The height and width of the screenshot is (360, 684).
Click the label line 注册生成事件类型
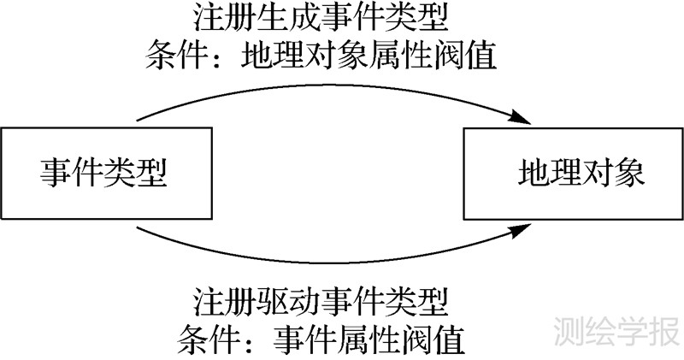pos(321,19)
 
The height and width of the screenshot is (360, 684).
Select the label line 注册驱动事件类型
pos(321,302)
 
